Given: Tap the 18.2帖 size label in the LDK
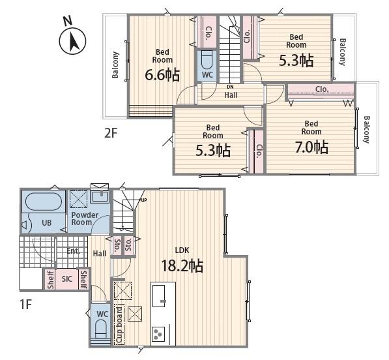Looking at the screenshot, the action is tap(182, 266).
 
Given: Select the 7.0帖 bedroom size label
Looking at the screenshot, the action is tap(311, 147).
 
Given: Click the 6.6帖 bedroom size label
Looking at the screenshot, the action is tap(162, 75).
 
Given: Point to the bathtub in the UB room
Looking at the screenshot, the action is tap(44, 202).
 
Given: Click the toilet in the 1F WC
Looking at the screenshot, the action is tap(101, 327).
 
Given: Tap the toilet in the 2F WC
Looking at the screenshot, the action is tap(207, 60).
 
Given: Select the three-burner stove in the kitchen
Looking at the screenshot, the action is tap(158, 334).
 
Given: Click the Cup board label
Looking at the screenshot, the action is tap(119, 325).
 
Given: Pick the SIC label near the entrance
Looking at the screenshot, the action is tap(66, 279).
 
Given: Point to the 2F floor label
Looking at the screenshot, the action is tap(110, 133).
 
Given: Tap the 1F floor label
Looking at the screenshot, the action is tap(26, 304).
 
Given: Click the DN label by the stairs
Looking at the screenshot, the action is tap(230, 87).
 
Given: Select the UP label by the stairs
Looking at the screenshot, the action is tap(144, 200).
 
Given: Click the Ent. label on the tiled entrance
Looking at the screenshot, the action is tap(73, 251).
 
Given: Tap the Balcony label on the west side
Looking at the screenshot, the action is tap(115, 65).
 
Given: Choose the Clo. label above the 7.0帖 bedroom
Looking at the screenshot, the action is tap(322, 89).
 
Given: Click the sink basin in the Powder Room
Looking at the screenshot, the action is tap(100, 197).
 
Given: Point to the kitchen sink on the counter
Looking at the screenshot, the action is tap(159, 295).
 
